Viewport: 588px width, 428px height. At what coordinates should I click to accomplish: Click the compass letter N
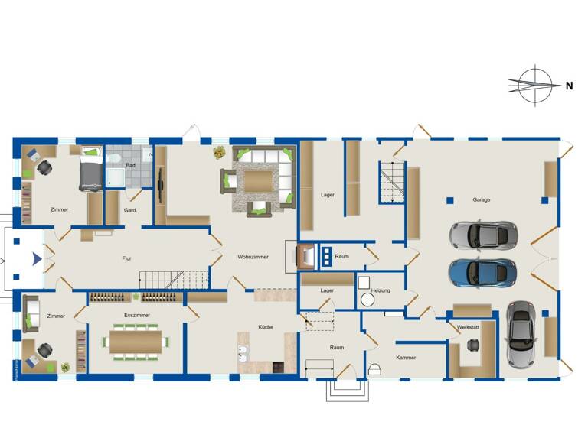[x=569, y=86]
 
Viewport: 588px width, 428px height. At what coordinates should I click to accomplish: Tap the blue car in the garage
[x=482, y=271]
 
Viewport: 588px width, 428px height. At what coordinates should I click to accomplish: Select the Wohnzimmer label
[x=253, y=257]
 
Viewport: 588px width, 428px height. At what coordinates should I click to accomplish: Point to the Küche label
[x=266, y=327]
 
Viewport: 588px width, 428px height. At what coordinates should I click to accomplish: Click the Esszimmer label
[x=137, y=315]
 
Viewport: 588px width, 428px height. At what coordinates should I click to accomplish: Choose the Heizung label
[x=381, y=291]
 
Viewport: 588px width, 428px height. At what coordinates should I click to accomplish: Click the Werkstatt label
[x=468, y=326]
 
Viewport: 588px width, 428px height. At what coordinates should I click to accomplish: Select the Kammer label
[x=406, y=358]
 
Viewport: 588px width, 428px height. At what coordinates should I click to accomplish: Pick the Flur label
[x=127, y=258]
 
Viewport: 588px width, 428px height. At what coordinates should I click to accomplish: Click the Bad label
[x=131, y=165]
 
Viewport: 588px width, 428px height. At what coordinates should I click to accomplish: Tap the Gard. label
[x=130, y=210]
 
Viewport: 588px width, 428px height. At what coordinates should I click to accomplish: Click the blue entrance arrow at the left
[x=36, y=259]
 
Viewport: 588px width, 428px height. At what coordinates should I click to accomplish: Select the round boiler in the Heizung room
[x=367, y=300]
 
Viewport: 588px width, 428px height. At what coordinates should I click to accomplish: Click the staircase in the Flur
[x=173, y=278]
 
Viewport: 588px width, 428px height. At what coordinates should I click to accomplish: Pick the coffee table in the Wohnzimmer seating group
[x=258, y=180]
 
